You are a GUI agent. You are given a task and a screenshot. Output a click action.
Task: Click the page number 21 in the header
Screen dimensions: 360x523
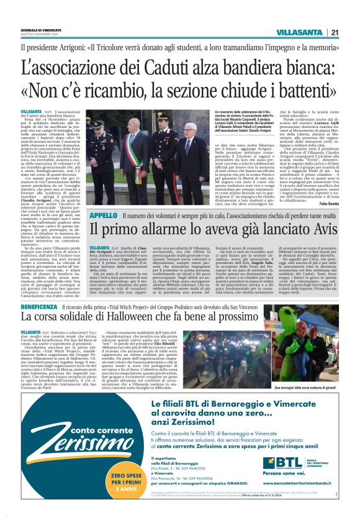point(335,32)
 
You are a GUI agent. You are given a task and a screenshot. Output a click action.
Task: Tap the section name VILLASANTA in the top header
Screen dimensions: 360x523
point(299,32)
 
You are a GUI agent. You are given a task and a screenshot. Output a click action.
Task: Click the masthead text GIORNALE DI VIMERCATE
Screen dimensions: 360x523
point(40,30)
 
